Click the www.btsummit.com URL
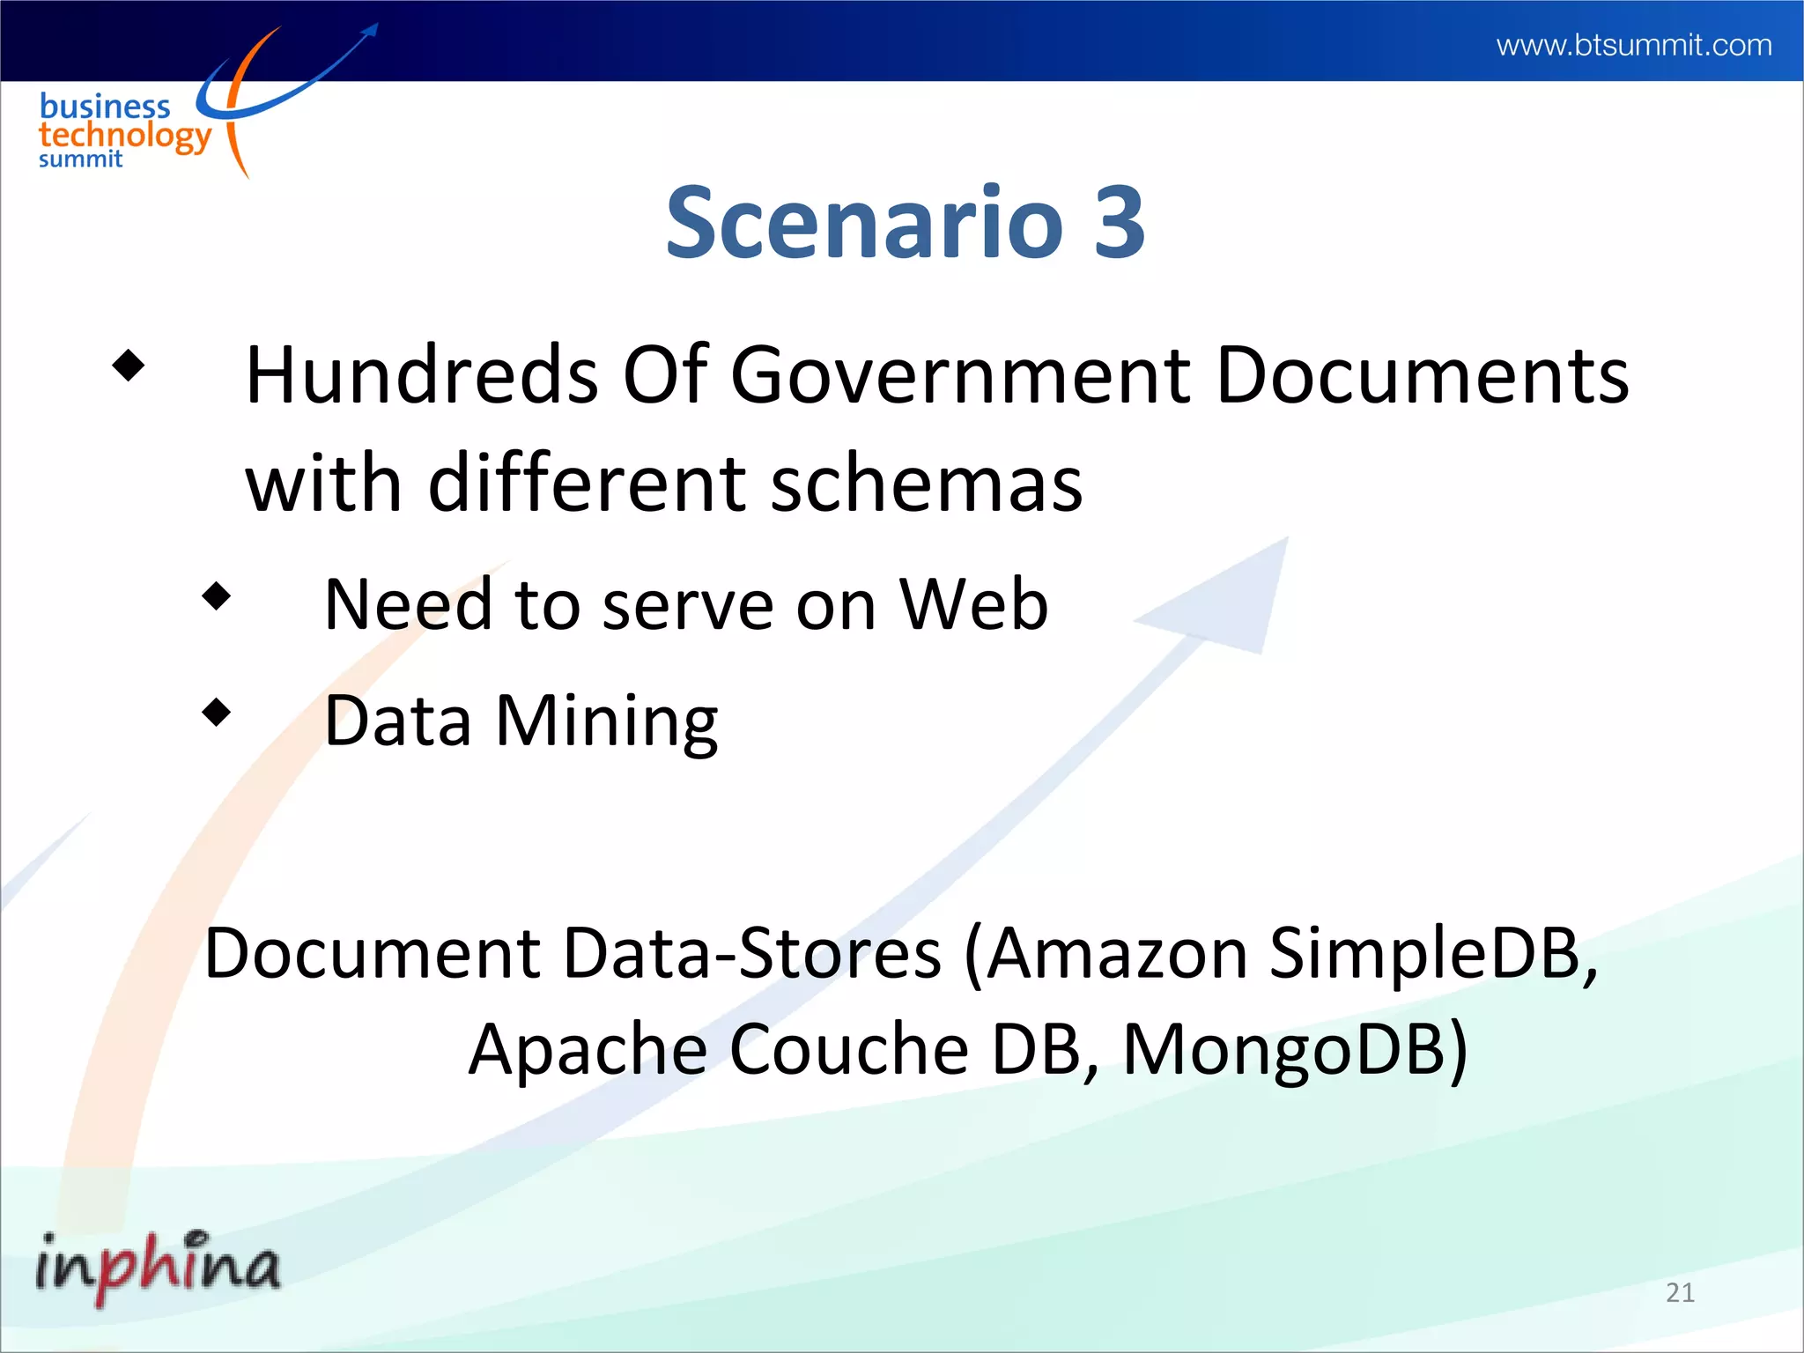(x=1633, y=44)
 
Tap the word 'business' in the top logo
(x=105, y=107)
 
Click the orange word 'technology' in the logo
(x=124, y=137)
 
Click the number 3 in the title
(x=1120, y=223)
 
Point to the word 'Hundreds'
(x=422, y=375)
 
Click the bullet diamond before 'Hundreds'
(x=129, y=366)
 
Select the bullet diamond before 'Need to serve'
(x=216, y=596)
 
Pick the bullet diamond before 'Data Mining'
(x=216, y=712)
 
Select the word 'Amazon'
(x=1116, y=954)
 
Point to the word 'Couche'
(x=849, y=1049)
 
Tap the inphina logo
(x=158, y=1265)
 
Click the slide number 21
(x=1680, y=1292)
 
